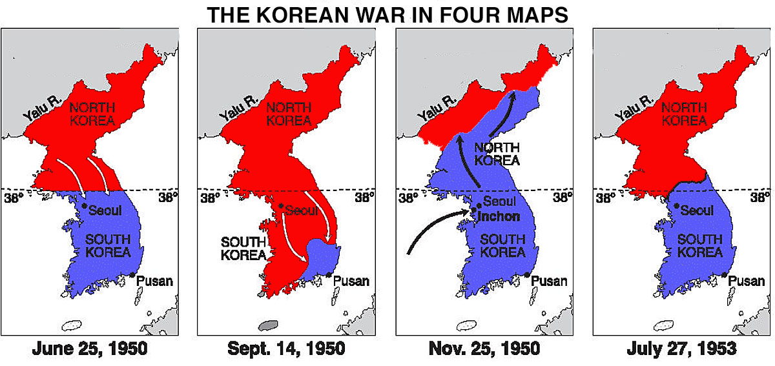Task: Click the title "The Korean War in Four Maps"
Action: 387,15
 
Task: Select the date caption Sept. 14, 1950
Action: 286,349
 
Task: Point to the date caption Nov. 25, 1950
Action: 484,349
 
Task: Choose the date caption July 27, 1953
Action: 681,349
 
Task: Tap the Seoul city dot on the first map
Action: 84,205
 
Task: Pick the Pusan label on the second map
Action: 353,281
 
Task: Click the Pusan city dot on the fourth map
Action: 725,276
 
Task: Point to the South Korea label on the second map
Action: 243,248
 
